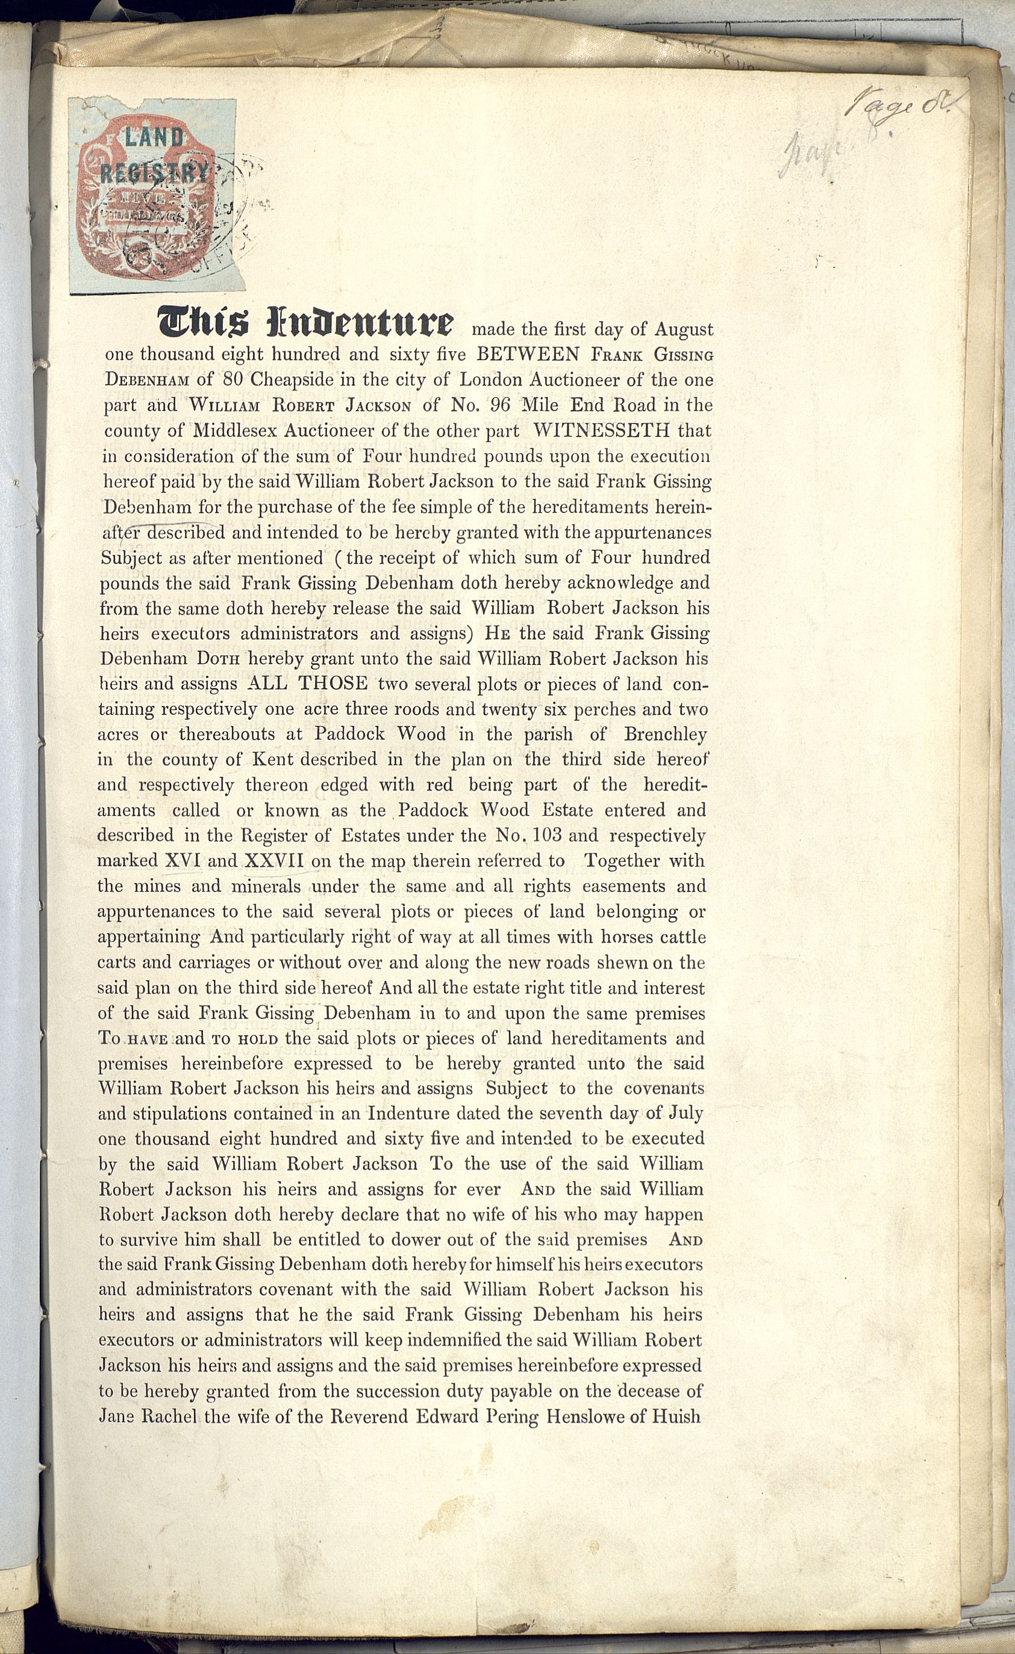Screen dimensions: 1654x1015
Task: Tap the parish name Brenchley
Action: (x=665, y=734)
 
